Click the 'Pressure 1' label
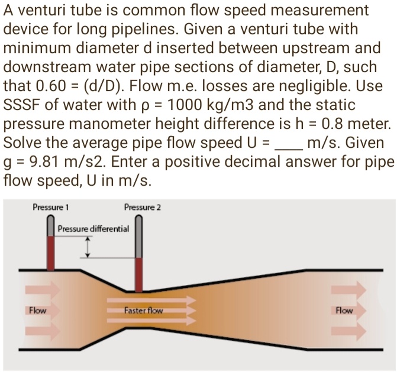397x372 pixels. coord(51,208)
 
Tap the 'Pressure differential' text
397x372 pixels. coord(93,228)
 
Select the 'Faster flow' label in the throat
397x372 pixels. coord(144,310)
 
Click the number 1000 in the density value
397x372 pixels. coord(191,107)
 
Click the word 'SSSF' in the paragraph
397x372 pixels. coord(22,107)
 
